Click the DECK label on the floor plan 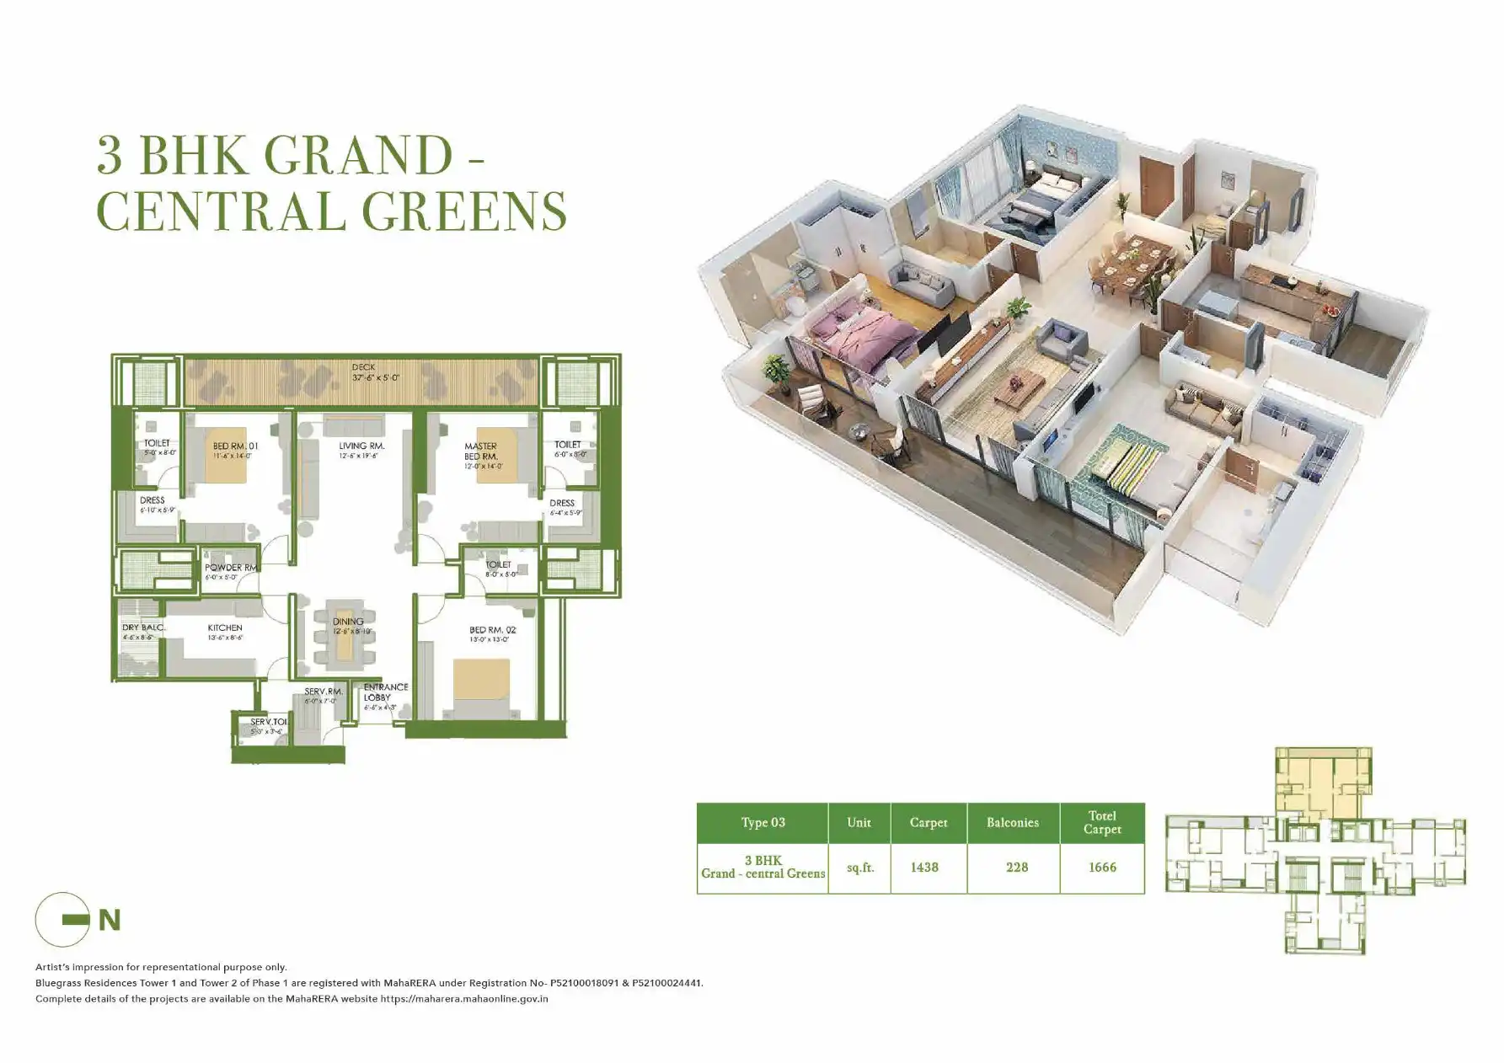click(x=363, y=367)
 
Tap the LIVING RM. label click(x=361, y=446)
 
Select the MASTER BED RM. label click(x=481, y=451)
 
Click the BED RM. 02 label click(x=492, y=630)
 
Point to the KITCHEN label click(x=225, y=628)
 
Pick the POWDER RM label click(x=230, y=568)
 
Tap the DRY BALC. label click(x=142, y=628)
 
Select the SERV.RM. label click(x=323, y=692)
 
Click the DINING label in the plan click(x=348, y=622)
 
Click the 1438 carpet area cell click(x=924, y=868)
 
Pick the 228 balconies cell click(x=1017, y=868)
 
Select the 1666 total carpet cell click(x=1102, y=868)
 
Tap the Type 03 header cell click(x=763, y=823)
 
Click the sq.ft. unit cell click(x=859, y=868)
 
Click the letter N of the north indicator click(x=110, y=921)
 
